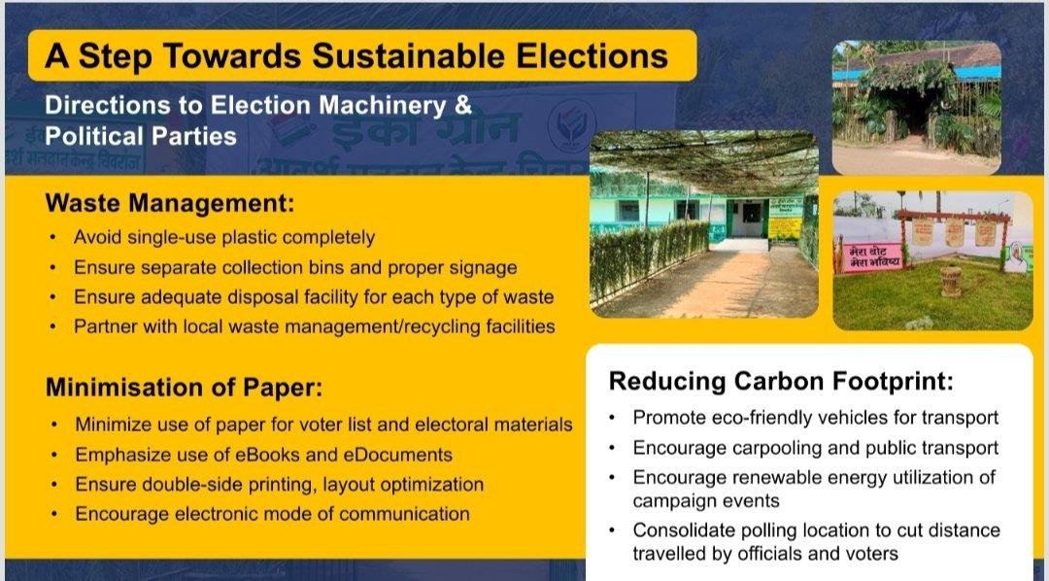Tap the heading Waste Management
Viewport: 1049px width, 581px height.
click(169, 203)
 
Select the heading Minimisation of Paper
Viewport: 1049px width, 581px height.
click(184, 388)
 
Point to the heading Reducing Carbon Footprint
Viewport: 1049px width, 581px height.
click(781, 382)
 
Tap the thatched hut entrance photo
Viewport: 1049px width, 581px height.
click(917, 107)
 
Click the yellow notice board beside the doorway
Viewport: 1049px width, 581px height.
click(785, 220)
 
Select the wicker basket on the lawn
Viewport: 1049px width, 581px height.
click(951, 282)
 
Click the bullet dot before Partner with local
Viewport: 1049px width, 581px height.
click(52, 327)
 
